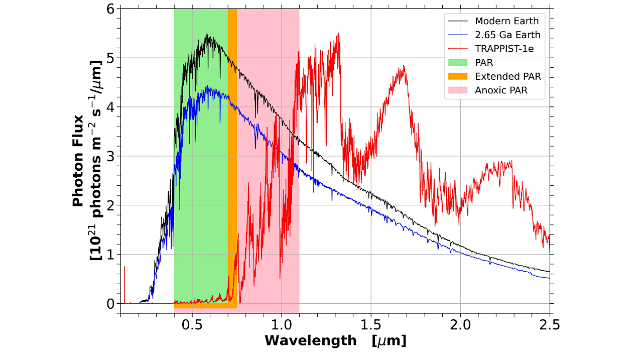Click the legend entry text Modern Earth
(x=506, y=21)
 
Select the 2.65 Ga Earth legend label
(x=507, y=35)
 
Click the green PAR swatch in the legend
(x=456, y=63)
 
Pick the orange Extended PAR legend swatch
(x=456, y=76)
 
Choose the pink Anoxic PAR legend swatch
(x=456, y=90)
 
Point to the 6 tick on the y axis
(x=109, y=9)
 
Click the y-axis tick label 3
(x=109, y=156)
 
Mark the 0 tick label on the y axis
(x=109, y=304)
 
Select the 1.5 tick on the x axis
(x=371, y=323)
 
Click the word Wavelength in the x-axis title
(x=310, y=341)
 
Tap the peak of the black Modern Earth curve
(x=207, y=35)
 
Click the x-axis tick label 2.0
(x=460, y=323)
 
